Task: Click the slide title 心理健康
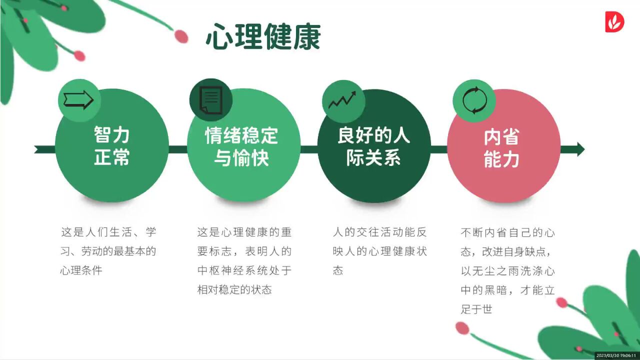click(263, 37)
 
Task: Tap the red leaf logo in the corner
click(614, 21)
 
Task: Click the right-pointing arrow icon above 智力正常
click(78, 100)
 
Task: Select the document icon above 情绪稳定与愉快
click(211, 100)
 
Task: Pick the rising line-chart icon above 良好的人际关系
click(342, 100)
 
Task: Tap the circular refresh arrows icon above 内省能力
click(474, 100)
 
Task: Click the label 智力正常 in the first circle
click(111, 145)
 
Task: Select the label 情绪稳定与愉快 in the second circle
click(241, 146)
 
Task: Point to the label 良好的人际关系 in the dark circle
click(373, 146)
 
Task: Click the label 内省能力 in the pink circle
click(501, 148)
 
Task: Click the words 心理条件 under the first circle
click(81, 270)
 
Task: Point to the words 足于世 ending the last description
click(476, 309)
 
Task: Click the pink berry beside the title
click(181, 36)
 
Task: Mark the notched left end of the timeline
click(36, 149)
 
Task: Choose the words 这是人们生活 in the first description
click(96, 232)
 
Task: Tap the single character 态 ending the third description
click(338, 270)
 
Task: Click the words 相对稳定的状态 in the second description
click(234, 289)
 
